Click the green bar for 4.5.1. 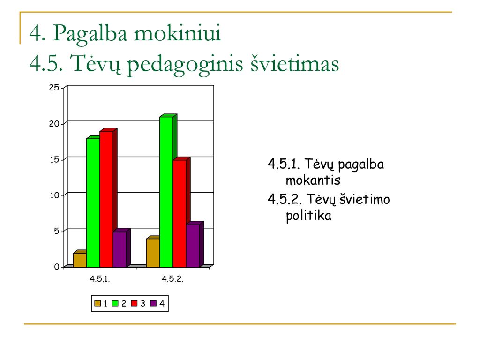point(93,202)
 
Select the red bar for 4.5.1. point(106,199)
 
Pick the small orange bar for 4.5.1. point(80,260)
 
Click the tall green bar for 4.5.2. point(166,192)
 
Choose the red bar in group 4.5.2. point(180,213)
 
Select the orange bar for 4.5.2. point(153,253)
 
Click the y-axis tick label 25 point(54,88)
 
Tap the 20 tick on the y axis point(54,124)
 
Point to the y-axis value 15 point(54,159)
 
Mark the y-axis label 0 point(57,267)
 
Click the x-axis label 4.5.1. point(100,279)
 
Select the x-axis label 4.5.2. point(172,279)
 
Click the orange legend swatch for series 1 point(97,303)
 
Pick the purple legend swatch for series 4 point(153,303)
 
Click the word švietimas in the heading point(295,64)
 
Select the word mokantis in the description point(313,180)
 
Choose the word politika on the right point(308,216)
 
